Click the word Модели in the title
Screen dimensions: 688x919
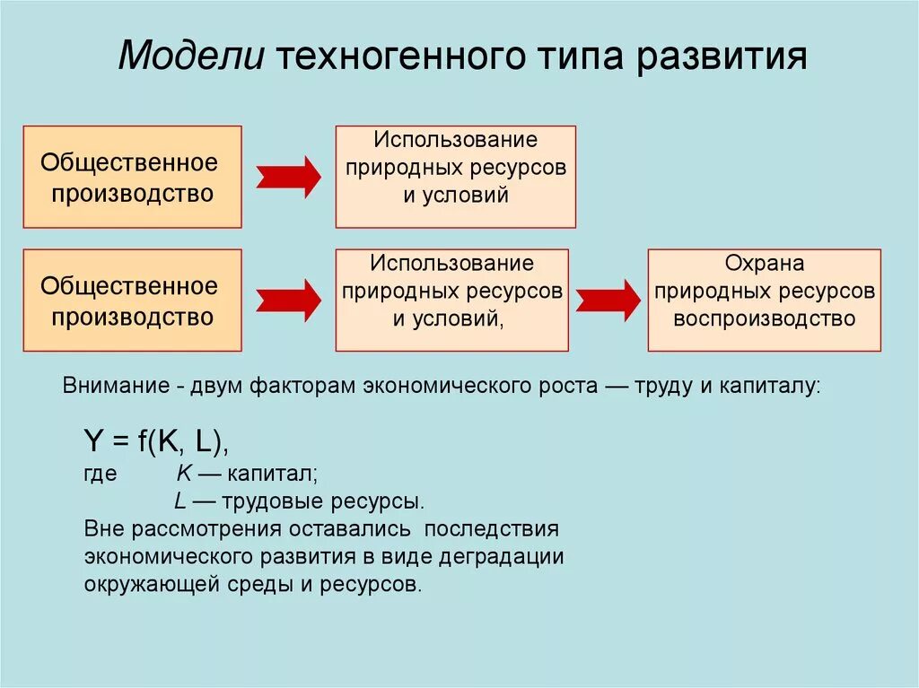pos(190,57)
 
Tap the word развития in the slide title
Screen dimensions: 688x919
pos(725,57)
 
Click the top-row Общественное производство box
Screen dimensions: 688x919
pos(132,177)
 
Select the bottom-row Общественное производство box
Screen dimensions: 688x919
pos(132,300)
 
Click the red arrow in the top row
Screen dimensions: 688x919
pos(288,177)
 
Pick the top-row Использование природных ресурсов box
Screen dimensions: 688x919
pos(456,177)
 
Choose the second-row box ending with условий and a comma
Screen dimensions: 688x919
pos(451,300)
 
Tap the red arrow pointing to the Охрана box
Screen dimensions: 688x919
pos(608,300)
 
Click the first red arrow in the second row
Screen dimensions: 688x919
pos(288,300)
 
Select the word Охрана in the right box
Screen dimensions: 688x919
pos(765,264)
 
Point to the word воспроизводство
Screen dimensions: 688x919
pos(765,318)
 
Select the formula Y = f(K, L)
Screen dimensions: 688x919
pos(156,441)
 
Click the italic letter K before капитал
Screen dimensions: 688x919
pos(183,474)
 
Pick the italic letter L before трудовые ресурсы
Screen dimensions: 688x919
pos(179,501)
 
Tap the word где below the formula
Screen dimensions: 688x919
pos(101,475)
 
